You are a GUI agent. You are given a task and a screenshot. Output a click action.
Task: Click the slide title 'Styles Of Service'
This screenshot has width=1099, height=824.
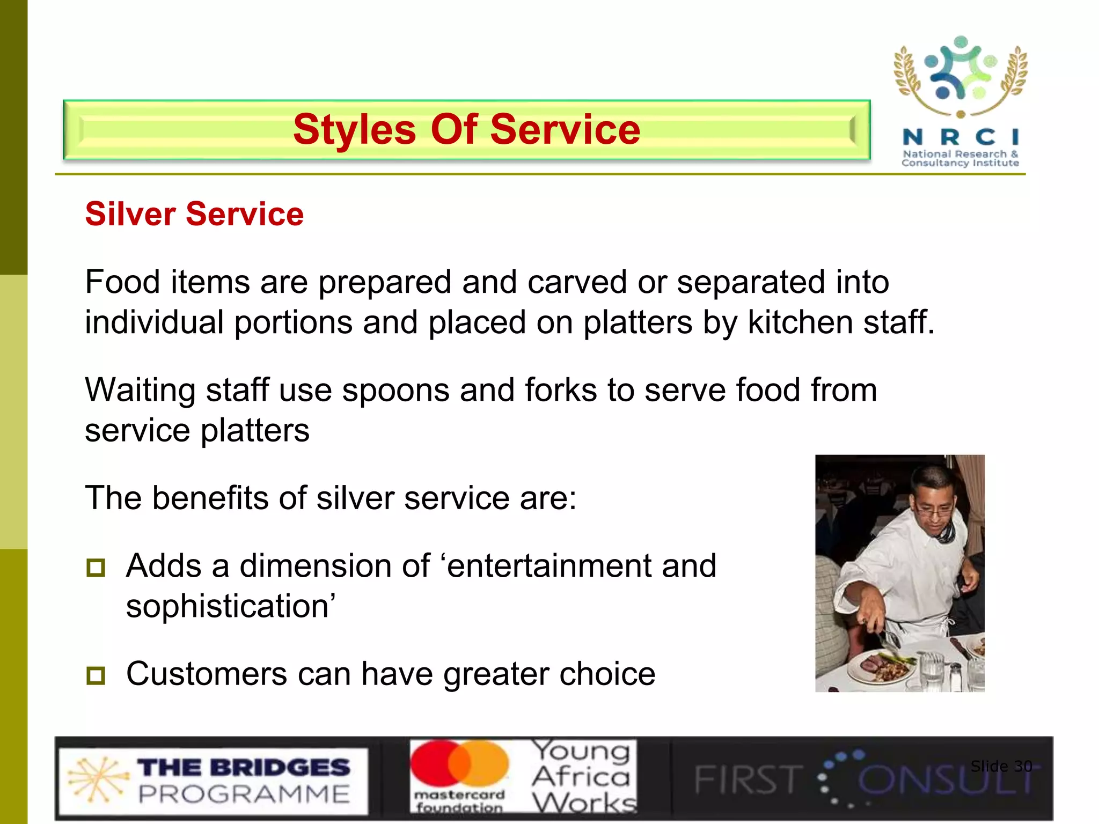tap(466, 130)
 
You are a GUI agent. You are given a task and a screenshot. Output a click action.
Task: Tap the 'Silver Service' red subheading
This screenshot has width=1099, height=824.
tap(194, 214)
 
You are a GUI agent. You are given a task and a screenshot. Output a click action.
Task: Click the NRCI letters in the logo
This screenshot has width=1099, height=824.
tap(960, 137)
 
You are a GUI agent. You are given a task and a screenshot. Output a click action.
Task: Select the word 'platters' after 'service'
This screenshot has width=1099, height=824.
tap(255, 431)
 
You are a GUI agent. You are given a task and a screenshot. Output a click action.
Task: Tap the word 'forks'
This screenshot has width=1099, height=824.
tap(560, 390)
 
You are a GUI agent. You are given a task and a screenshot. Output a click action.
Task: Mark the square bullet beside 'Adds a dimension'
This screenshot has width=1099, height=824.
tap(96, 568)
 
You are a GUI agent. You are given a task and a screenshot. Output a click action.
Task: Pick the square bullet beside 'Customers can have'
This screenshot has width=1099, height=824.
tap(96, 675)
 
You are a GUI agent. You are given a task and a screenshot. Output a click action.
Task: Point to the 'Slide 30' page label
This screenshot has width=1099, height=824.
tap(1001, 766)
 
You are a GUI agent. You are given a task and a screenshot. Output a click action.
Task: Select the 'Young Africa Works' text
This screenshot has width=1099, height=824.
tap(582, 777)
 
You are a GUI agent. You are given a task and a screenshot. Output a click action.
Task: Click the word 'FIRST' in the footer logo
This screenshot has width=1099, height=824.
tap(748, 780)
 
